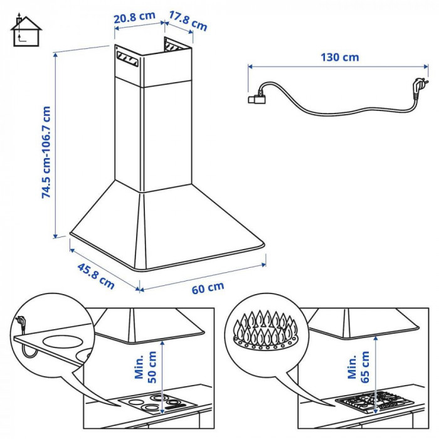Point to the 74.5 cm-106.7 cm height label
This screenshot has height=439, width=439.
click(46, 152)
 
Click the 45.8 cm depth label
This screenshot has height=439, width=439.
click(95, 275)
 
